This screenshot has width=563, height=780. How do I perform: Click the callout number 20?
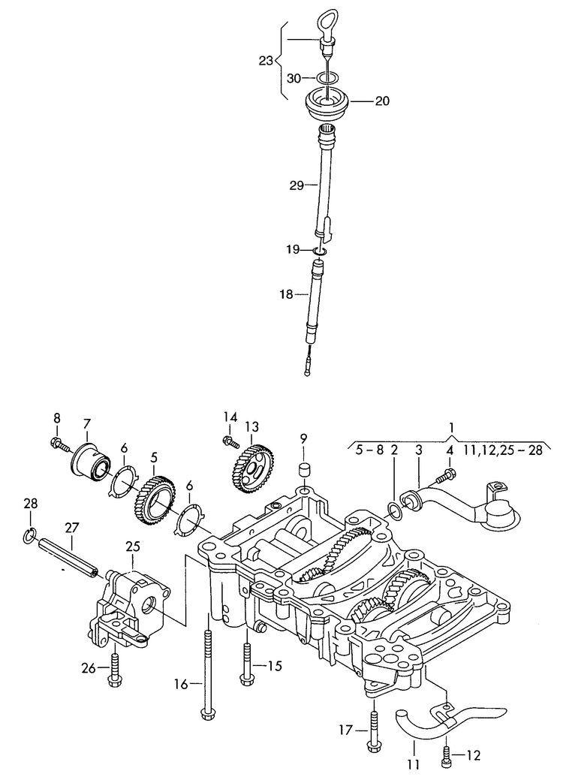[x=382, y=101]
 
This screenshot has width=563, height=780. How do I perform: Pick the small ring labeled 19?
[x=319, y=250]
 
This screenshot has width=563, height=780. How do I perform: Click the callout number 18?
[x=287, y=295]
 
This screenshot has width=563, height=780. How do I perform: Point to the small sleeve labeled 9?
[x=305, y=470]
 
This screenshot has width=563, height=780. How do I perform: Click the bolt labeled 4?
[x=449, y=474]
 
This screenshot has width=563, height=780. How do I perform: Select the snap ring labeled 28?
[x=29, y=534]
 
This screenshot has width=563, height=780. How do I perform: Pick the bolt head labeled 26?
[x=113, y=680]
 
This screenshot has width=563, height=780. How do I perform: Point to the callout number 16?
[x=180, y=684]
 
